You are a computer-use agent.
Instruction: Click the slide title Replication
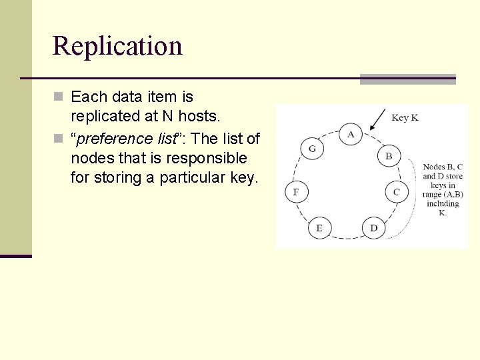coord(117,46)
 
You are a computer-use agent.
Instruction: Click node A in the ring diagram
coord(351,134)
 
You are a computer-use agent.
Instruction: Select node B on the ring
coord(389,157)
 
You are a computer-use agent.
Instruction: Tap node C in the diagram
coord(397,192)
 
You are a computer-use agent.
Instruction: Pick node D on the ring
coord(373,228)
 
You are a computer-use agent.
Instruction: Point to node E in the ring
coord(319,228)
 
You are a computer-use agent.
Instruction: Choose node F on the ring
coord(296,192)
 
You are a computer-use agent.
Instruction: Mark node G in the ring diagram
coord(312,149)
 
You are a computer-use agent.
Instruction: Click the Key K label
coord(405,118)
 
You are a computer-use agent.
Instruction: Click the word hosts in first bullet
coord(199,117)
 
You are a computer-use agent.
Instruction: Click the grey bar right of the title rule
coord(407,79)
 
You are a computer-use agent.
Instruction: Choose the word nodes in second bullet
coord(90,158)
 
